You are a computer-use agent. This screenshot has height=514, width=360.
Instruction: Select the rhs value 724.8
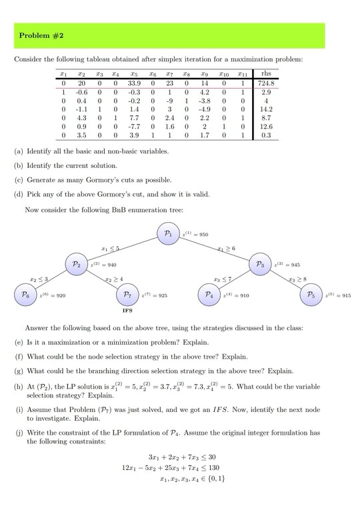click(267, 83)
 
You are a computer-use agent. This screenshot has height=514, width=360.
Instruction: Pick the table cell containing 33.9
click(133, 83)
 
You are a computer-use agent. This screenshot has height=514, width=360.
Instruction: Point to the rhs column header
click(267, 73)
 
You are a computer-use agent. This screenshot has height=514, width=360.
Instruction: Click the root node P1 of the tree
click(168, 234)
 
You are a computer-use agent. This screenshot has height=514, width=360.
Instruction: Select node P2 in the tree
click(77, 265)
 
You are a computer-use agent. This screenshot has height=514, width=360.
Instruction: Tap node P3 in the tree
click(261, 265)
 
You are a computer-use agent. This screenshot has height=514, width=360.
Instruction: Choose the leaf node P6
click(25, 294)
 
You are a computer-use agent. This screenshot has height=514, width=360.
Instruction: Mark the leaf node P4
click(209, 294)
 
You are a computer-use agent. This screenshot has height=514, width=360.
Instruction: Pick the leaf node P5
click(311, 294)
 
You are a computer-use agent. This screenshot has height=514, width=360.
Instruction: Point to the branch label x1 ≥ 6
click(226, 249)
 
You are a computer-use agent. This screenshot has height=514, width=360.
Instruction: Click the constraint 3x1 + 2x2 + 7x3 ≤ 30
click(183, 457)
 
